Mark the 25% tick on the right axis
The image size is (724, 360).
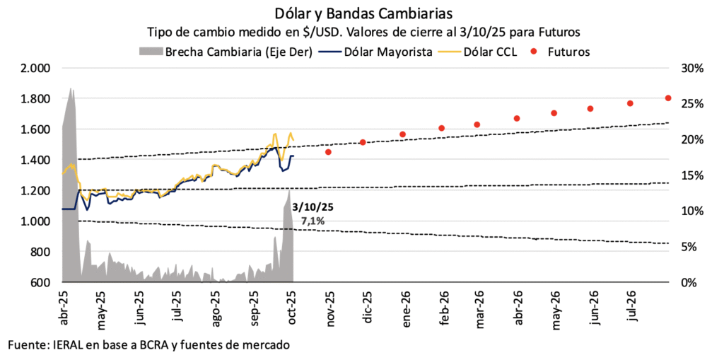point(690,104)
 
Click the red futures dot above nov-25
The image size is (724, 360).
point(328,152)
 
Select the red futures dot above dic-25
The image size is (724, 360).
point(363,142)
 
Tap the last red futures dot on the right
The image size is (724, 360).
point(668,98)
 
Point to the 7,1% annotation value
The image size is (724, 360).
point(313,221)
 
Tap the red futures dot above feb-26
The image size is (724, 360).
point(442,128)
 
